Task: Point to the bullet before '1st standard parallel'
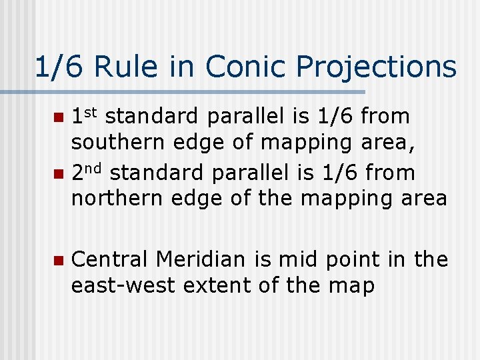click(x=58, y=118)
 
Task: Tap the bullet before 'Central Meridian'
click(x=58, y=261)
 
